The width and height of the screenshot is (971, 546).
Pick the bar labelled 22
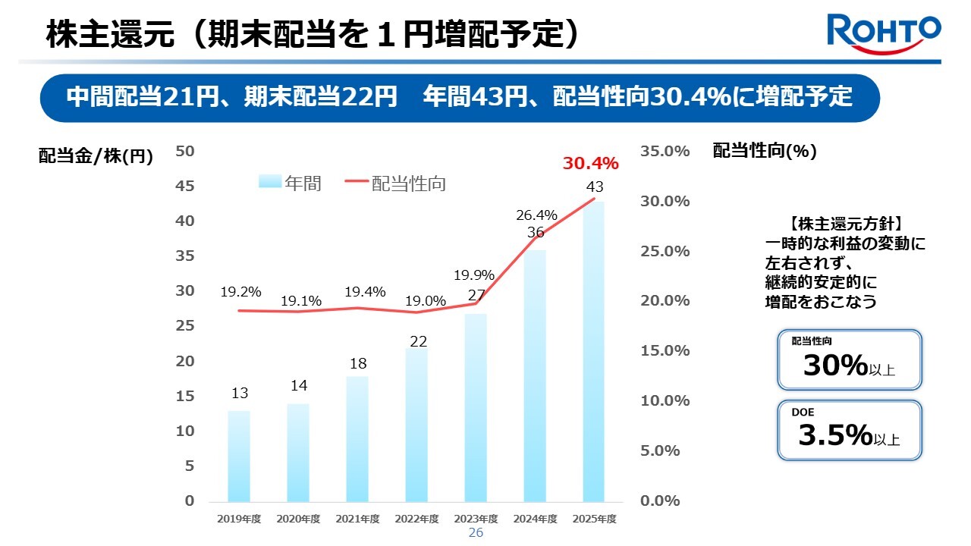point(416,425)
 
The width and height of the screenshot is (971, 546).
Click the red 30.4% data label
point(590,163)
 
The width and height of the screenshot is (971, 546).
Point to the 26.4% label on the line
point(537,215)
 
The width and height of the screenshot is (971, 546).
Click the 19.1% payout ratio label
point(301,301)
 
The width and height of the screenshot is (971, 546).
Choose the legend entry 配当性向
point(395,183)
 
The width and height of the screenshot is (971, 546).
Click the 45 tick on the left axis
point(186,186)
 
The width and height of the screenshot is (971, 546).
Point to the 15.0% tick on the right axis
point(665,350)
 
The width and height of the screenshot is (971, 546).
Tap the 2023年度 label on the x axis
point(476,519)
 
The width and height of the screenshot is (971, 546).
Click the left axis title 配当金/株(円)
point(96,156)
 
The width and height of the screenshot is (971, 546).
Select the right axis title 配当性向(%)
point(765,151)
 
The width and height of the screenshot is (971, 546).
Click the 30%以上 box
point(849,359)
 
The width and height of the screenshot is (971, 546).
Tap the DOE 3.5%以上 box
point(849,430)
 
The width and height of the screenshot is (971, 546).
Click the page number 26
point(476,533)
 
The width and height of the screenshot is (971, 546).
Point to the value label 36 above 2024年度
point(536,233)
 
